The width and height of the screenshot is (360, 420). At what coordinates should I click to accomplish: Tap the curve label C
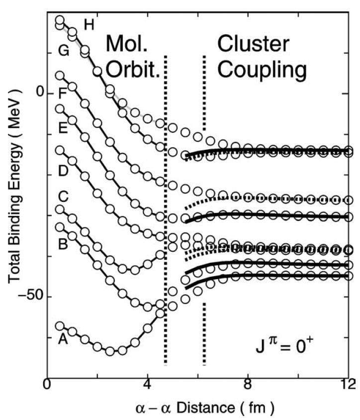pos(63,198)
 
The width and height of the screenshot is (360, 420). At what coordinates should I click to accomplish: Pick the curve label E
pos(63,128)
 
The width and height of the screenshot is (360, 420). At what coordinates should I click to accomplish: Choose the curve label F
pos(63,93)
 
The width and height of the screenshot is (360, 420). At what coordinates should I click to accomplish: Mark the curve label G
pos(63,50)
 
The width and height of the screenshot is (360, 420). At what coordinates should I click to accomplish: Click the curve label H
pos(89,24)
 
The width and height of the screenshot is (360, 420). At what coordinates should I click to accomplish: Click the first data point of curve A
pos(60,326)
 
